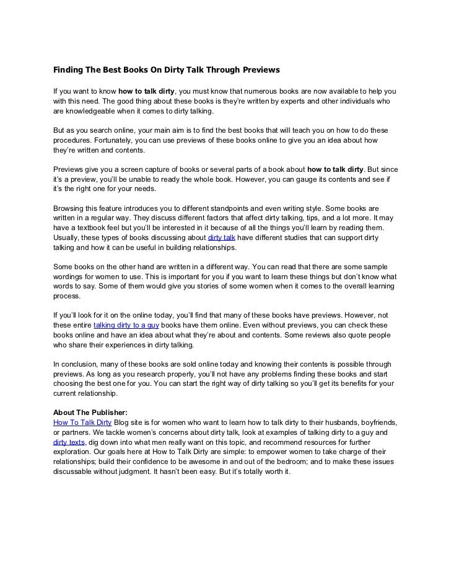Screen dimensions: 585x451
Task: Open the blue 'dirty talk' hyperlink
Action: coord(222,238)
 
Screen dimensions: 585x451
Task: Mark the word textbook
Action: coord(96,228)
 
